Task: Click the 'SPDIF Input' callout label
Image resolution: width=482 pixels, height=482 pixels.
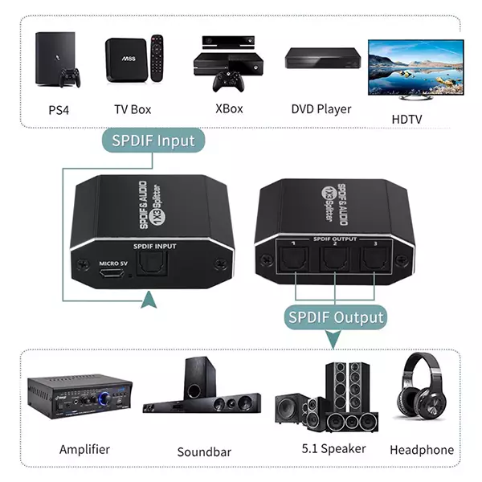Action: coord(153,141)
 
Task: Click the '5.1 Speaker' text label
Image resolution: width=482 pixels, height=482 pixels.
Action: coord(333,448)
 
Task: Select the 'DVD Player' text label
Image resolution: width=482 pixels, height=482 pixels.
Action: coord(321,108)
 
